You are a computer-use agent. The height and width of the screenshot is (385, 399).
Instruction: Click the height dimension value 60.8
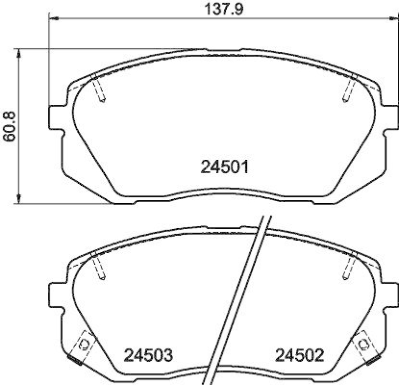tap(9, 126)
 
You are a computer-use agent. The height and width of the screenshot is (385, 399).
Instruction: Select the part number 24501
tap(224, 167)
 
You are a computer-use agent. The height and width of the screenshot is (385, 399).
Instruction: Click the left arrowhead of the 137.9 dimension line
tap(53, 18)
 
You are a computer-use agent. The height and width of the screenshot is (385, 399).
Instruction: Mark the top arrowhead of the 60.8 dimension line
tap(18, 53)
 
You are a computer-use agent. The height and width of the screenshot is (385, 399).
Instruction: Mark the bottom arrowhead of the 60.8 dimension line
tap(18, 200)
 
